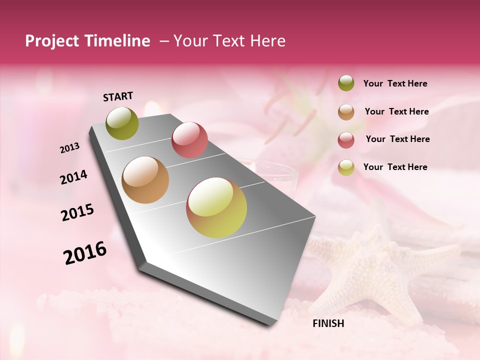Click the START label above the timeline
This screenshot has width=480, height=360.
coord(118,96)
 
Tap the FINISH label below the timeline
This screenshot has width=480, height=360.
coord(328,323)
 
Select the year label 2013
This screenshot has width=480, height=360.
coord(70,148)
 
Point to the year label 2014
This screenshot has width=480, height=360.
coord(73,177)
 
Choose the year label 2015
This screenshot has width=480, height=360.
coord(77,212)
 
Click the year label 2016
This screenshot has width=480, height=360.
coord(85,253)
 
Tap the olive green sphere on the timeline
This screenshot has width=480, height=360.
coord(122,123)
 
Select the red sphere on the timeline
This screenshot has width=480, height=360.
coord(189,140)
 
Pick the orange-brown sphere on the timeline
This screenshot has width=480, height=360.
coord(145,180)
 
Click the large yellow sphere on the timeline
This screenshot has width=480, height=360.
coord(216,207)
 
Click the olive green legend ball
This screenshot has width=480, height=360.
coord(346,83)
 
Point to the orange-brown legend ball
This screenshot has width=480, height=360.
coord(346,112)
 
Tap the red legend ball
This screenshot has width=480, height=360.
coord(346,139)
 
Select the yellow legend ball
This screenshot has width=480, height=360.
coord(346,167)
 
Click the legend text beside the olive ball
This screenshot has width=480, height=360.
coord(395,84)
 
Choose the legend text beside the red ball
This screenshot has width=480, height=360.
coord(397,139)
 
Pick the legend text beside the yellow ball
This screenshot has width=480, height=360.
coord(395,167)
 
